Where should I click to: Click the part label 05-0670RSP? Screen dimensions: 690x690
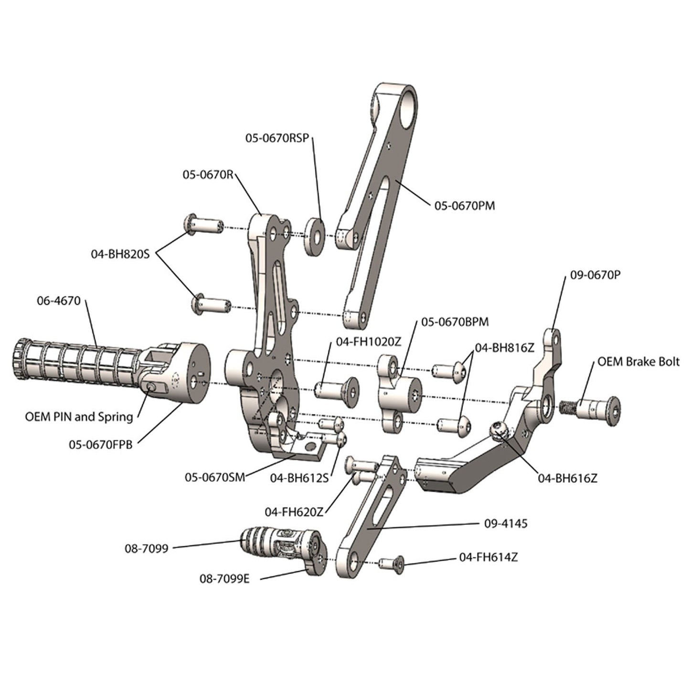(x=277, y=138)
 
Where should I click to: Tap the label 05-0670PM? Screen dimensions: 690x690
(x=464, y=206)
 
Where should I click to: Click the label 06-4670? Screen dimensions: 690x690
(x=59, y=301)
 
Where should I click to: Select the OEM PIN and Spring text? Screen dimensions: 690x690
(x=79, y=417)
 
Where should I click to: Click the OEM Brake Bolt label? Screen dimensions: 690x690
(x=638, y=361)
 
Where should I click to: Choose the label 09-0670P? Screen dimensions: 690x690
(x=595, y=275)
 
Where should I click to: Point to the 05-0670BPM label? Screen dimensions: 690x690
(x=455, y=322)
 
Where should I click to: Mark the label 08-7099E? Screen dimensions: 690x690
(x=224, y=579)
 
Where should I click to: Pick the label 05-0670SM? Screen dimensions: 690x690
(x=215, y=477)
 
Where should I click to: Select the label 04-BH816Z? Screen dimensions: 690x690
(x=504, y=348)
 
